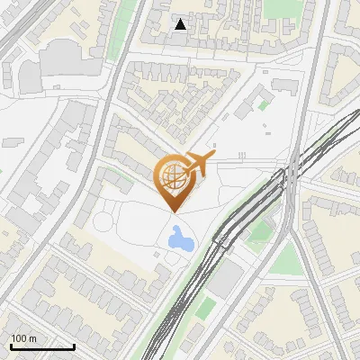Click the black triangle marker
(181, 24)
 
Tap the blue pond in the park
(180, 238)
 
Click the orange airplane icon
(199, 163)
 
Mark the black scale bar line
(41, 346)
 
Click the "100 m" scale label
(24, 338)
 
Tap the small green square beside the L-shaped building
(264, 104)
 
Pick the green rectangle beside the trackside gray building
(206, 309)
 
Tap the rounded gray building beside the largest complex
(30, 77)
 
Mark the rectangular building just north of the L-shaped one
(284, 85)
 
